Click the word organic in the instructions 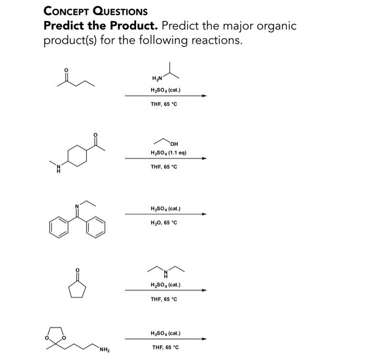pyautogui.click(x=276, y=26)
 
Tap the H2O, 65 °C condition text pyautogui.click(x=164, y=222)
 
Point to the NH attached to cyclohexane pyautogui.click(x=58, y=168)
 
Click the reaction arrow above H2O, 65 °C pyautogui.click(x=165, y=214)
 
